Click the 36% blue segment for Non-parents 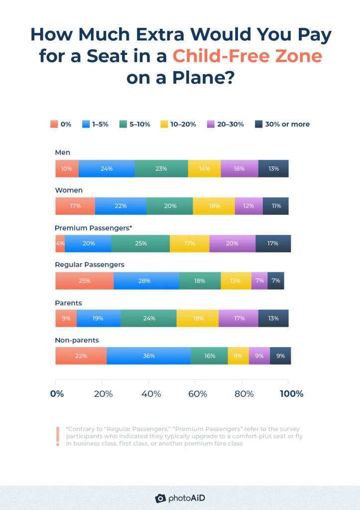click(x=148, y=356)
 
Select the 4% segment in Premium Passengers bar click(x=60, y=244)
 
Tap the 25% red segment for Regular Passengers click(x=84, y=281)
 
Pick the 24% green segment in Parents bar click(x=148, y=318)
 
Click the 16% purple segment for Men click(x=239, y=168)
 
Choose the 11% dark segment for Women click(x=276, y=206)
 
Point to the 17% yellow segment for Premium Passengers click(x=189, y=244)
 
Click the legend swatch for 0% click(x=53, y=124)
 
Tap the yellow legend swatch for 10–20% click(x=164, y=124)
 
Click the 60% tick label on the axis click(x=198, y=394)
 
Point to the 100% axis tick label click(x=291, y=394)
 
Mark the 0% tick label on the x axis click(x=57, y=394)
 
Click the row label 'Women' click(x=69, y=190)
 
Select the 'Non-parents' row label click(x=77, y=340)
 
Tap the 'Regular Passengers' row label click(x=89, y=264)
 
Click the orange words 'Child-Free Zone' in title click(x=247, y=56)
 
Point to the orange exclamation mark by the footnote click(x=58, y=436)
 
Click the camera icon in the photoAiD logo click(x=160, y=498)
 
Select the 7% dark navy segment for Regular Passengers click(x=276, y=281)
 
